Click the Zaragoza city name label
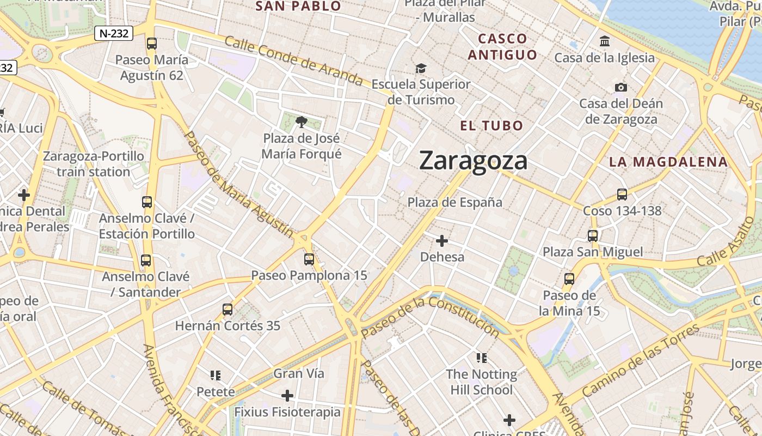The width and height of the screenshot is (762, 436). pyautogui.click(x=473, y=161)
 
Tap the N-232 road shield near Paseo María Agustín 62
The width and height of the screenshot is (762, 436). pyautogui.click(x=113, y=33)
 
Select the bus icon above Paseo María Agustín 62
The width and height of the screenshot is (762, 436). pyautogui.click(x=152, y=44)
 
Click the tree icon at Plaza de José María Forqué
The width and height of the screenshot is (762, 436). pyautogui.click(x=301, y=122)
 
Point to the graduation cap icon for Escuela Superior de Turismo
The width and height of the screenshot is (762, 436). pyautogui.click(x=421, y=69)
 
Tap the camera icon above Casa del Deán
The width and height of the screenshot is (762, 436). pyautogui.click(x=620, y=87)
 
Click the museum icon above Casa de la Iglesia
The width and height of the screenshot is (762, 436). pyautogui.click(x=604, y=41)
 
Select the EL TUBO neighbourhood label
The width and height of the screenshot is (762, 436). pyautogui.click(x=491, y=126)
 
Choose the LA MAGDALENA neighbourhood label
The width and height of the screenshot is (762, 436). pyautogui.click(x=668, y=162)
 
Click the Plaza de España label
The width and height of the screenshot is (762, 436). pyautogui.click(x=455, y=202)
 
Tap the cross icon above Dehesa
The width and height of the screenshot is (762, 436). pyautogui.click(x=442, y=241)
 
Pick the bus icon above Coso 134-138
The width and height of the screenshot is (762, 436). pyautogui.click(x=622, y=195)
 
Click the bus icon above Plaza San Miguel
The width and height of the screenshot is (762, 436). pyautogui.click(x=593, y=236)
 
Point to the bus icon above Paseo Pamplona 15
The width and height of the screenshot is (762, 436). pyautogui.click(x=309, y=259)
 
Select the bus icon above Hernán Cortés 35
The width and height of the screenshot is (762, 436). pyautogui.click(x=228, y=310)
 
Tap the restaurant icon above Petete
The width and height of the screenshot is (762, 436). pyautogui.click(x=216, y=376)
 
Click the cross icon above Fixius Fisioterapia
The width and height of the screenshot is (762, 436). pyautogui.click(x=287, y=396)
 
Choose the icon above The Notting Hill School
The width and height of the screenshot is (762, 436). pyautogui.click(x=481, y=358)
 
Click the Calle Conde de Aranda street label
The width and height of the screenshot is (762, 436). pyautogui.click(x=293, y=61)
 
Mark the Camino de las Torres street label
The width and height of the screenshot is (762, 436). pyautogui.click(x=641, y=361)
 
